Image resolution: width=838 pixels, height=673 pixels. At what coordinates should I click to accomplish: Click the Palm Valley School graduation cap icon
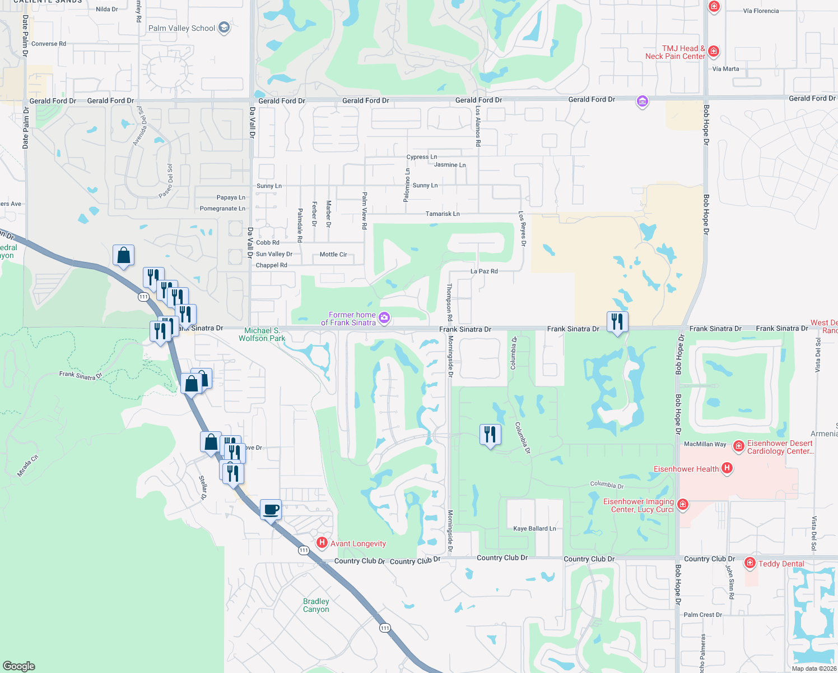(x=224, y=27)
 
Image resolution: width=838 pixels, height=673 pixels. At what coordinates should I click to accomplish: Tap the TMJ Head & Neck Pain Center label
(x=675, y=52)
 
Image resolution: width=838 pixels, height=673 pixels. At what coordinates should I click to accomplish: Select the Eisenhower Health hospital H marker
(x=727, y=468)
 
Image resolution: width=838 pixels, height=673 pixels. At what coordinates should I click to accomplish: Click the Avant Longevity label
(x=358, y=543)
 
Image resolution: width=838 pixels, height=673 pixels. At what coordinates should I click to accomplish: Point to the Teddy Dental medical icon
(x=750, y=563)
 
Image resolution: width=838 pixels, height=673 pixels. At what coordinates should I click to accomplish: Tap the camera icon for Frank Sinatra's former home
(x=384, y=318)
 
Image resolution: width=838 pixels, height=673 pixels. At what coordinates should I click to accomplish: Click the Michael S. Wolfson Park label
(x=262, y=334)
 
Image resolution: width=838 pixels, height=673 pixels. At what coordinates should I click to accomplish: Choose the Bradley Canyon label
(x=316, y=605)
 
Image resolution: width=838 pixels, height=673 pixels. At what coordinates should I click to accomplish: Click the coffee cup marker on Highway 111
(x=271, y=510)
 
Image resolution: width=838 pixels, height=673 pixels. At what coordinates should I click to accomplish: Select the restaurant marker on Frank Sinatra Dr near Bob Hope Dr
(x=617, y=322)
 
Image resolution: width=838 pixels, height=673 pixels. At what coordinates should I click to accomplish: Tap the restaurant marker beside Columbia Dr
(x=490, y=434)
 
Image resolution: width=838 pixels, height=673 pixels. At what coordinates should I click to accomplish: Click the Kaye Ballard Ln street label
(x=534, y=528)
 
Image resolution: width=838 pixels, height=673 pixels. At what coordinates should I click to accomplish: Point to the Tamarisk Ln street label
(x=443, y=214)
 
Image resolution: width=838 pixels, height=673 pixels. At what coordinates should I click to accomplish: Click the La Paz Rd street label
(x=484, y=271)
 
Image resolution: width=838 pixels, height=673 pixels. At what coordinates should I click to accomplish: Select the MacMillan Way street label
(x=705, y=444)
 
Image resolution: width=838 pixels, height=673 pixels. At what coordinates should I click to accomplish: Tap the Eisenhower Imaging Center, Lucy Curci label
(x=638, y=505)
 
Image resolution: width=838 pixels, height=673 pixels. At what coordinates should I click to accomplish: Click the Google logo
(x=18, y=666)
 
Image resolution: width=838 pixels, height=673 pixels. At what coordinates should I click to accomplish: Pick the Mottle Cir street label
(x=333, y=254)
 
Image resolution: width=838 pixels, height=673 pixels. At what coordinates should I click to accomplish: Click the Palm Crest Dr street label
(x=702, y=615)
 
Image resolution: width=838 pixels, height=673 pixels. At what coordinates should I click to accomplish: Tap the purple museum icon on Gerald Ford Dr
(x=642, y=102)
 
